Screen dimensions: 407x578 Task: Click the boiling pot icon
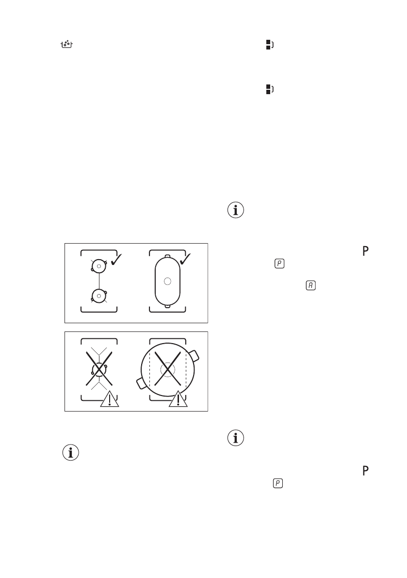(66, 45)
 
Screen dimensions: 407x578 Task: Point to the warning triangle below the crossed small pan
(110, 399)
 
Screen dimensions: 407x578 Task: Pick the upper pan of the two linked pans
(99, 266)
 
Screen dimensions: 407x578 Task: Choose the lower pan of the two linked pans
(99, 295)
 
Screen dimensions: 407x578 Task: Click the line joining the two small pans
(99, 281)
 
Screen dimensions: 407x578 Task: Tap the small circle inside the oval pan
(167, 281)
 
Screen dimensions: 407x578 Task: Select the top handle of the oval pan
(167, 255)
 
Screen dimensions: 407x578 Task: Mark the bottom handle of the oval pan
(167, 306)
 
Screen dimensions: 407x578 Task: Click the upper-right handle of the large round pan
(195, 355)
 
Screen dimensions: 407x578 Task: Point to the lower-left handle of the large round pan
(140, 383)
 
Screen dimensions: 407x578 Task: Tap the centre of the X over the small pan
(99, 369)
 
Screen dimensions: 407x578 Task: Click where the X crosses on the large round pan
(167, 370)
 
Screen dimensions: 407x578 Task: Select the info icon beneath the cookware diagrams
(71, 453)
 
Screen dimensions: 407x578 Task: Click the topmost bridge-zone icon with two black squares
(268, 45)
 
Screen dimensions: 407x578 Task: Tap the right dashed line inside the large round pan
(186, 370)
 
